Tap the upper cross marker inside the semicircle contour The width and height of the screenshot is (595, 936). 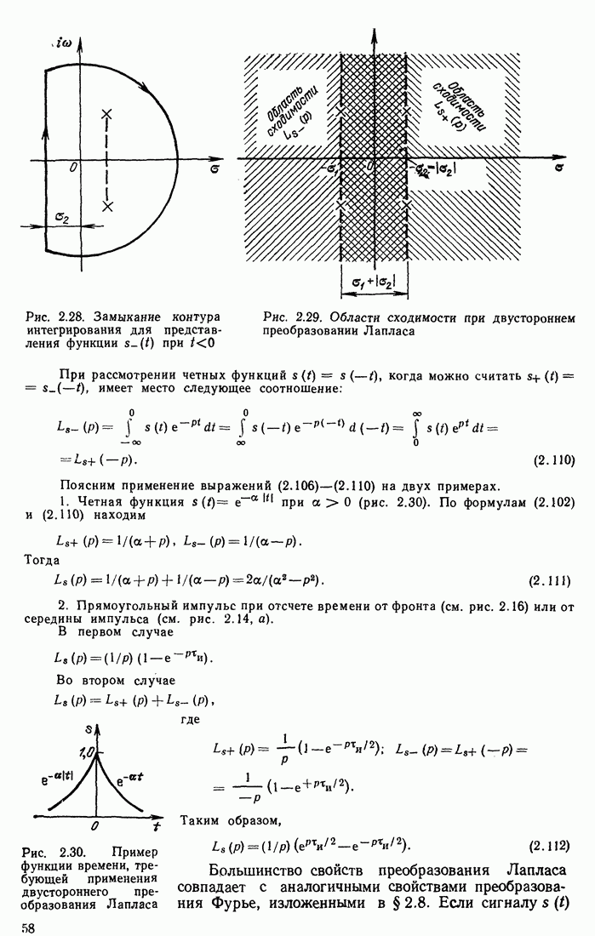pos(106,113)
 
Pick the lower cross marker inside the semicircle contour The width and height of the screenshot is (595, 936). pos(106,205)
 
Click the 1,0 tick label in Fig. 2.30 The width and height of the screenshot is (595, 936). pos(86,752)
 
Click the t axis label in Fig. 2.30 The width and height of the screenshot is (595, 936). pos(156,826)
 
